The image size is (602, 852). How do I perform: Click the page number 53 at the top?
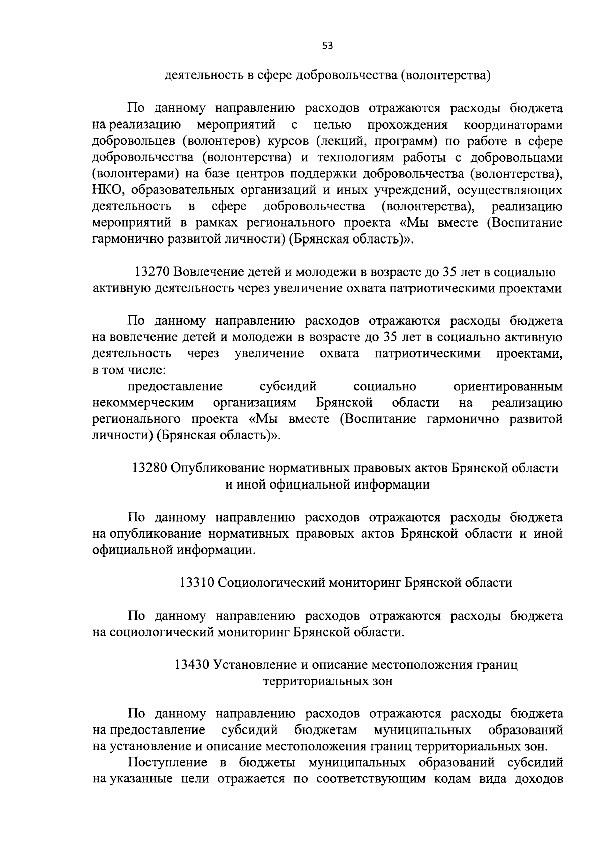coord(327,46)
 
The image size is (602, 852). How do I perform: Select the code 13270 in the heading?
coord(152,272)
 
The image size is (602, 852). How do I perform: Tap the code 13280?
coord(149,468)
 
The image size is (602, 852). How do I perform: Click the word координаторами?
coord(513,125)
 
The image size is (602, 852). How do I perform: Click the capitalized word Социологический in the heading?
coord(271,583)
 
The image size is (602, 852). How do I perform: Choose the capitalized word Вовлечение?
coord(210,272)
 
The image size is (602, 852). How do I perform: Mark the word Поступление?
coord(168,763)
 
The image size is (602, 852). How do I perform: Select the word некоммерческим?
coord(143,403)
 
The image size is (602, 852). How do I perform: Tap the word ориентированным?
coord(508,387)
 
